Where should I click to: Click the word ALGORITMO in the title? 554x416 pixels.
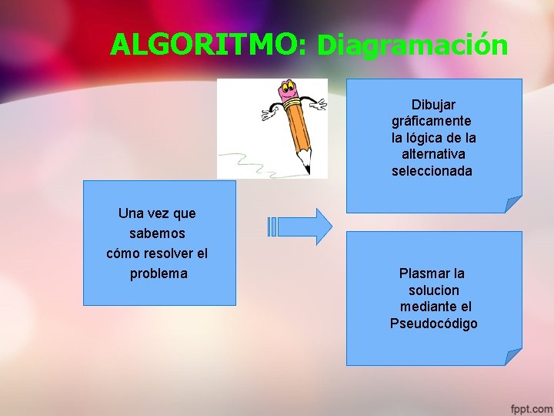208,45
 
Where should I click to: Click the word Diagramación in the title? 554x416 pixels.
412,45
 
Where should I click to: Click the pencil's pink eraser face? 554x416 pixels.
290,91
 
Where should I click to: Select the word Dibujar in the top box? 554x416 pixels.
433,104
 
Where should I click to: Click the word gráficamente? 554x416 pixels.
432,121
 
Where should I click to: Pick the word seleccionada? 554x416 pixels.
432,171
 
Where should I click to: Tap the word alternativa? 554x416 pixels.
433,154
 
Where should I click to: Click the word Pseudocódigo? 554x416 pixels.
433,324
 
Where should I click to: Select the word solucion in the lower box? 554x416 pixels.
433,290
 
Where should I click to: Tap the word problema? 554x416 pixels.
158,273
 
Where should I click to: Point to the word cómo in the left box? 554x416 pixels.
124,253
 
